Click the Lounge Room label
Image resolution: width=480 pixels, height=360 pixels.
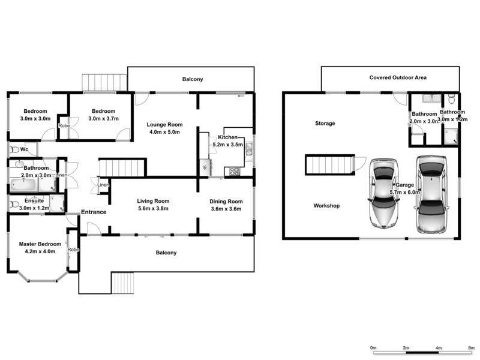coord(165,124)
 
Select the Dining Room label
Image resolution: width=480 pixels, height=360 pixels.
coord(226,201)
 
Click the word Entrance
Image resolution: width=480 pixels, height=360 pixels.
coord(94,212)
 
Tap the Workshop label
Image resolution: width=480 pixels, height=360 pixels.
coord(326,206)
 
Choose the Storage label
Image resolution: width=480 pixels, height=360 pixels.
coord(325,124)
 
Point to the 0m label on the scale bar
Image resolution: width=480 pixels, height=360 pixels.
coord(373,348)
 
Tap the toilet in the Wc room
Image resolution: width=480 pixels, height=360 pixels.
coord(14,149)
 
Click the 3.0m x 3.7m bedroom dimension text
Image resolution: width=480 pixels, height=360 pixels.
coord(104,119)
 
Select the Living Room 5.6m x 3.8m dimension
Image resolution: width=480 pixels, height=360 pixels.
coord(153,209)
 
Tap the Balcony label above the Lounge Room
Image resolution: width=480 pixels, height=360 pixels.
coord(193,79)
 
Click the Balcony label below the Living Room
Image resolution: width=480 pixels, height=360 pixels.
coord(166,253)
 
